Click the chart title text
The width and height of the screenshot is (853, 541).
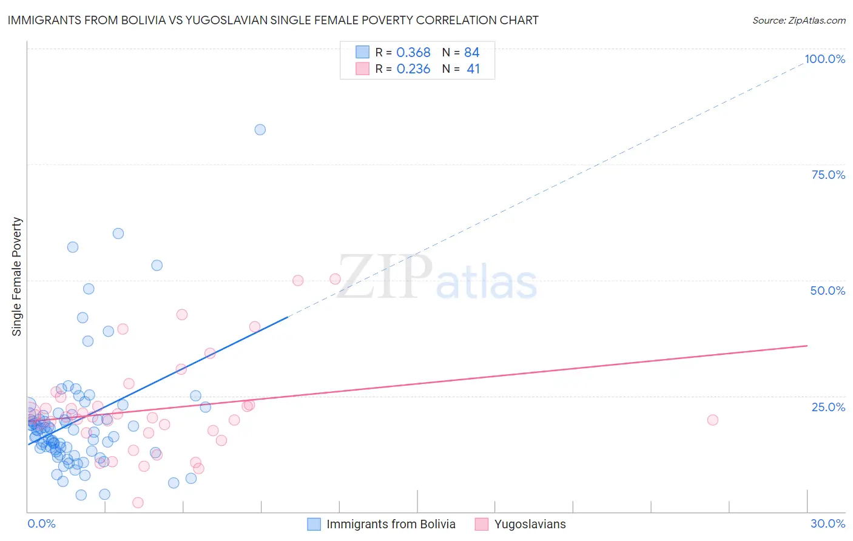tap(273, 20)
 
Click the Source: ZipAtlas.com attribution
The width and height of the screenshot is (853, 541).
tap(798, 20)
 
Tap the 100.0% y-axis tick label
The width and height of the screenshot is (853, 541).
tap(824, 59)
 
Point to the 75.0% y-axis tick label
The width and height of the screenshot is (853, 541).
tap(828, 175)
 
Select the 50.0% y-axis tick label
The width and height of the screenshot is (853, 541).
tap(828, 291)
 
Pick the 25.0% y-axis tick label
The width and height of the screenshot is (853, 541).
tap(828, 407)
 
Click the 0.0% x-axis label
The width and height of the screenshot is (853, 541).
tap(41, 523)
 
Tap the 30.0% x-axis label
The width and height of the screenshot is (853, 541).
tap(828, 523)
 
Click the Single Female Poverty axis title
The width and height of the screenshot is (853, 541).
tap(17, 277)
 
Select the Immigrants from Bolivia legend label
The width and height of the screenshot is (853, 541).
tap(391, 524)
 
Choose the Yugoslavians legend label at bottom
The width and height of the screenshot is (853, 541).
tap(530, 524)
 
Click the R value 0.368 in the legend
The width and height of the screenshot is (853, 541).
tap(413, 53)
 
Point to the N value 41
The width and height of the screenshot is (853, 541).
tap(473, 69)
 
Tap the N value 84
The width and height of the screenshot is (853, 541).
tap(471, 53)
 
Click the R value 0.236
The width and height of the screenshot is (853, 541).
tap(413, 69)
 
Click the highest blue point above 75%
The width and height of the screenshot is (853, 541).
tap(260, 129)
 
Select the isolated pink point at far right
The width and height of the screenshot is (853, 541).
tap(713, 420)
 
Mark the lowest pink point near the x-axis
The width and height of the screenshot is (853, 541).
tap(138, 502)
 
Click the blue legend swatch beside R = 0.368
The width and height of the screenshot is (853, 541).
tap(362, 52)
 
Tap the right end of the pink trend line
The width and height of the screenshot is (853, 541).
tap(807, 346)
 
